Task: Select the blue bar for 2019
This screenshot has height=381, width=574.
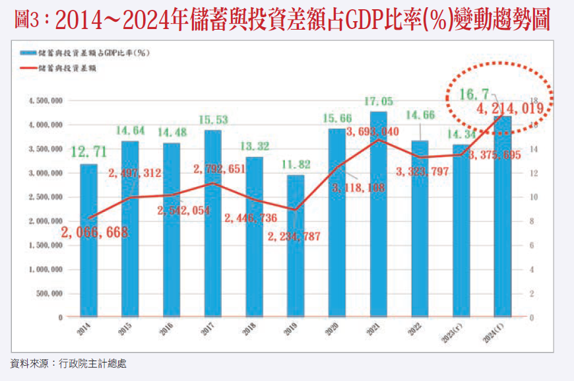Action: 296,264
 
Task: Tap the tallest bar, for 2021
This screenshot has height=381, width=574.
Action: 379,225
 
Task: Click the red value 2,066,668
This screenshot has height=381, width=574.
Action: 95,232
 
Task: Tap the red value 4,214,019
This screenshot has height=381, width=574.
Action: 509,110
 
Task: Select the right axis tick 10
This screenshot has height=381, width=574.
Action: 534,197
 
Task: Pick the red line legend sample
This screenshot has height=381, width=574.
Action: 29,67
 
